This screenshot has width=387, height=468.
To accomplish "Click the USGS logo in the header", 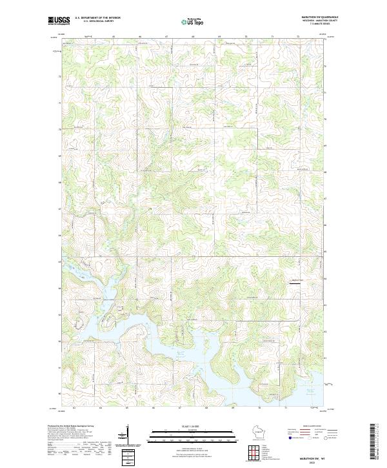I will pyautogui.click(x=58, y=21).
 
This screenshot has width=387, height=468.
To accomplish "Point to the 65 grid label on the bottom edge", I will pyautogui.click(x=127, y=409).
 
